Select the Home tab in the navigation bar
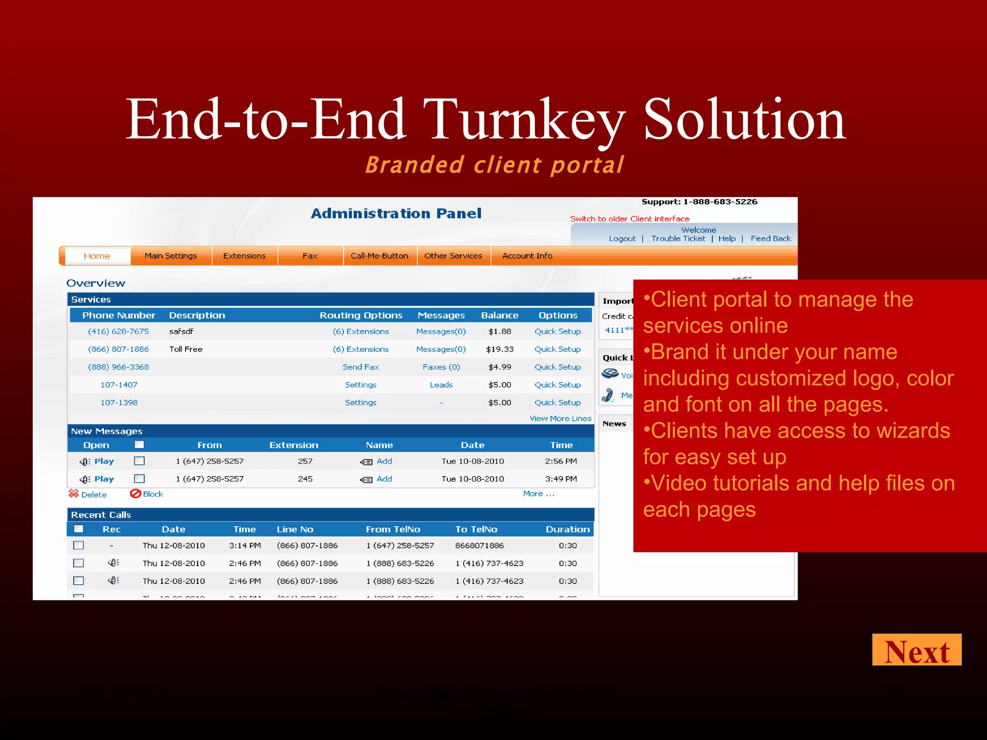(97, 256)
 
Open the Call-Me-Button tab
(379, 256)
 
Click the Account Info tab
(527, 256)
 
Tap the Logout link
(622, 238)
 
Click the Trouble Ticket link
(678, 238)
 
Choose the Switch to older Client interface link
(629, 219)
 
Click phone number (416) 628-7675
(119, 331)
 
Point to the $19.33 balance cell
(499, 349)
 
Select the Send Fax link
(360, 367)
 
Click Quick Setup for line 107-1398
(558, 403)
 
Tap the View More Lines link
(560, 419)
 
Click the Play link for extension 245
(104, 479)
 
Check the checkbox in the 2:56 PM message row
(139, 461)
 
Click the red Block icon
(135, 494)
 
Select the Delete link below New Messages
(93, 495)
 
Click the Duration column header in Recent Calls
(567, 529)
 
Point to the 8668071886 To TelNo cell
(479, 546)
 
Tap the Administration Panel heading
(396, 213)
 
